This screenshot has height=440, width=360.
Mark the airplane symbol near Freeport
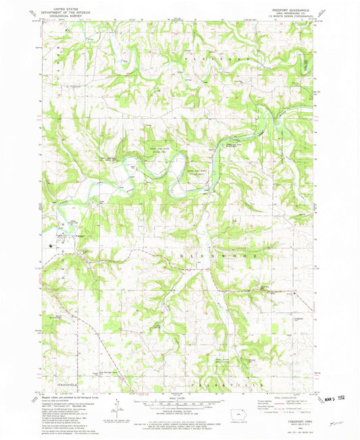[x=53, y=245]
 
